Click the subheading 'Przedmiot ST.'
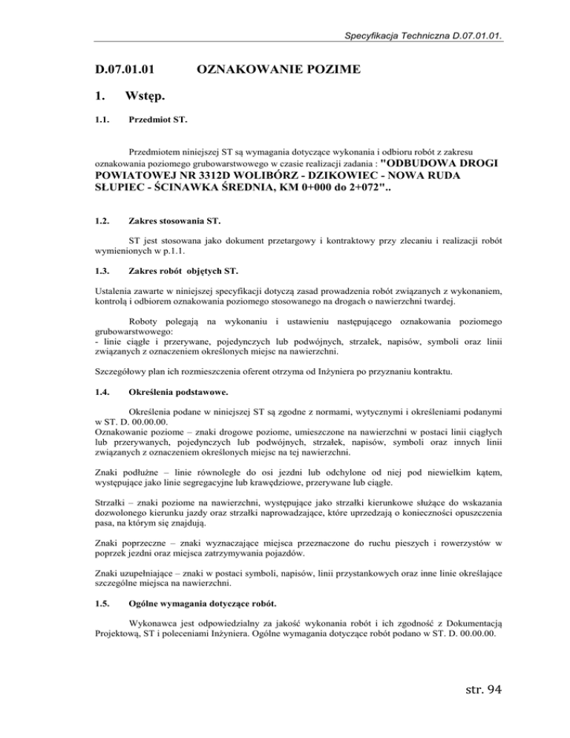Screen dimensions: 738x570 (x=157, y=119)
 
